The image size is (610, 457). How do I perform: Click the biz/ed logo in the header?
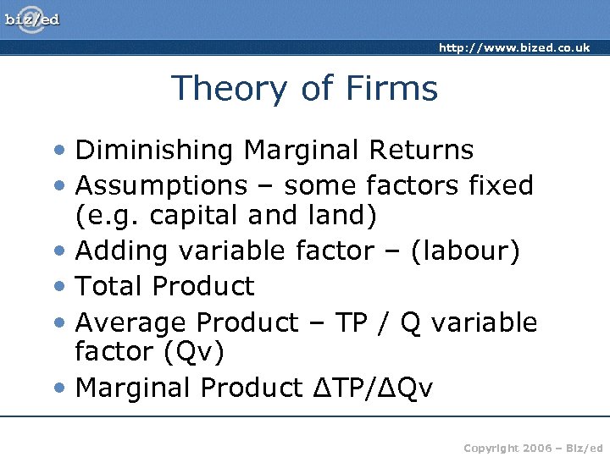pos(33,19)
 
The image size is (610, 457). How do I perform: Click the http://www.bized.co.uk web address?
pos(514,48)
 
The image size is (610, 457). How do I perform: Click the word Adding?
pos(116,251)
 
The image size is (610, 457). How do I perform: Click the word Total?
pos(108,286)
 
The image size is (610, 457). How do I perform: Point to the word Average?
pos(131,322)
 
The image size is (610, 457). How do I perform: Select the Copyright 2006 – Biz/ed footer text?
pos(533,446)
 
